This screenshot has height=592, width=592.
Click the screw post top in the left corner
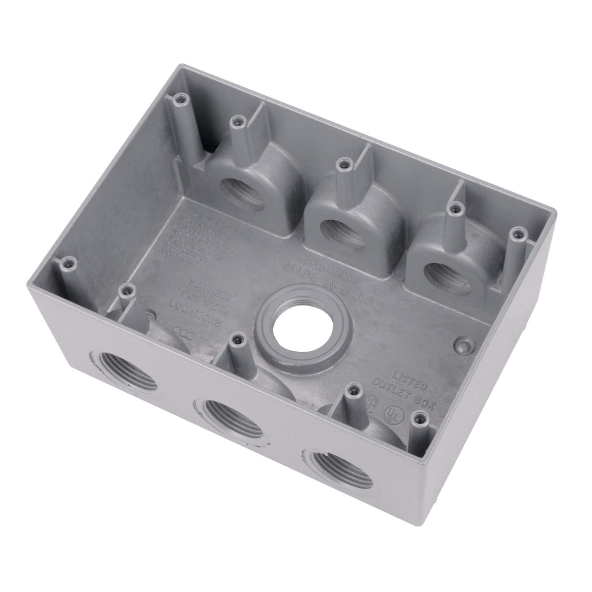pos(69,261)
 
